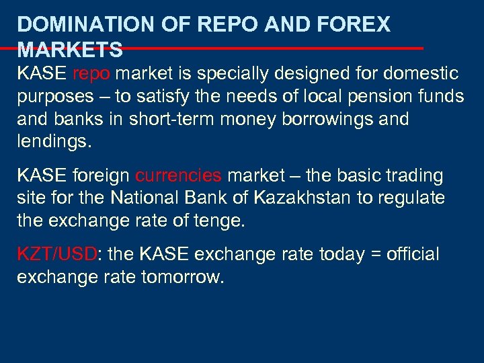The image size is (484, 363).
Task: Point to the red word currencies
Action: pos(178,176)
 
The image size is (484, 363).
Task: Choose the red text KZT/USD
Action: pos(57,255)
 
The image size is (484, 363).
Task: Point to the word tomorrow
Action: pos(182,278)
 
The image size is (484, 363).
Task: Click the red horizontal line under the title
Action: pos(269,48)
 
